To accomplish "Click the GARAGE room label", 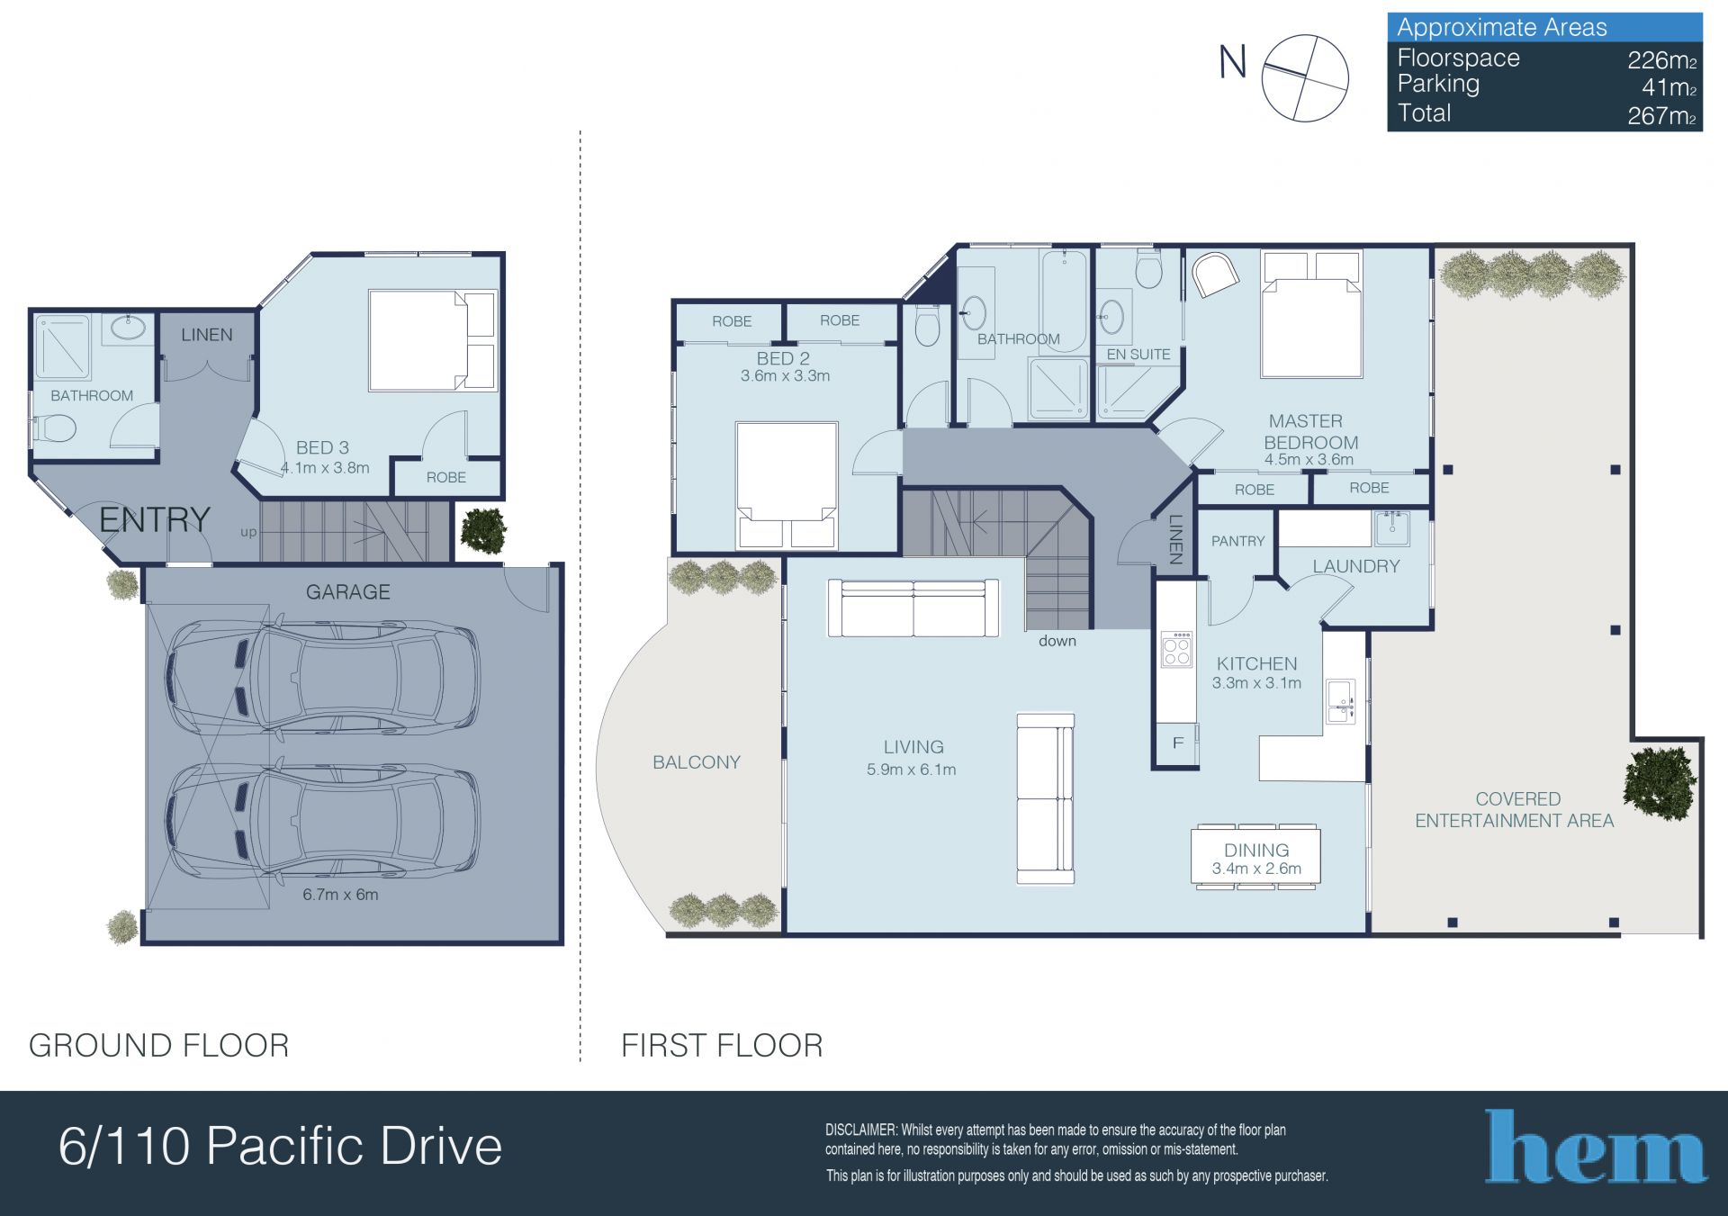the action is point(347,592).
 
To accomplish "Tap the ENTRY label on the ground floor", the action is point(155,519).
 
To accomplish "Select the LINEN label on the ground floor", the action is point(207,335).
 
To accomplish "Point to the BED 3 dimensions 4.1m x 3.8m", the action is point(325,468).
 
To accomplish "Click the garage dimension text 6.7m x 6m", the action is point(340,895).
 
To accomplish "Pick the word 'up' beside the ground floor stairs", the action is point(248,533).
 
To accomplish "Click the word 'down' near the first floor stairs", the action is point(1057,641).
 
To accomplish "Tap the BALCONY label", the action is point(697,762).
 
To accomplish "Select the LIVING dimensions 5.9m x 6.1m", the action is point(912,770).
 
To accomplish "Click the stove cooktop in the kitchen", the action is point(1177,649).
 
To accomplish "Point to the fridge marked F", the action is point(1177,743).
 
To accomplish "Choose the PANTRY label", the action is point(1237,541).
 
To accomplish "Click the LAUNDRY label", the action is point(1356,566).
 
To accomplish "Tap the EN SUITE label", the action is point(1138,355).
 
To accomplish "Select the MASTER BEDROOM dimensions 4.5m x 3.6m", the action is point(1309,459).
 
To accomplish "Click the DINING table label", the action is point(1256,850).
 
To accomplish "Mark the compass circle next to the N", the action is point(1305,78).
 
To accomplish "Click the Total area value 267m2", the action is point(1662,116).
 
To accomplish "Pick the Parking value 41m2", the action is point(1669,87).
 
